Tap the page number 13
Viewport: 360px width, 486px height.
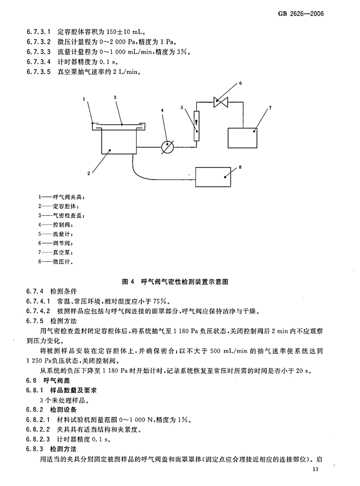[x=315, y=469]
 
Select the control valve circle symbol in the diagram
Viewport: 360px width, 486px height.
[x=168, y=146]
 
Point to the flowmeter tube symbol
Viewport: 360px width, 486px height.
[x=196, y=126]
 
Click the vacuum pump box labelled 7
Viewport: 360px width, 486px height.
[x=242, y=138]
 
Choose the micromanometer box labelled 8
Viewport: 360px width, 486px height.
[x=213, y=177]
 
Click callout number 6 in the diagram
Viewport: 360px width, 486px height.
[x=240, y=83]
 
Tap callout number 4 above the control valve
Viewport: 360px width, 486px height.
[x=162, y=110]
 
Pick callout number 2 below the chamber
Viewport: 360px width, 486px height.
[x=89, y=173]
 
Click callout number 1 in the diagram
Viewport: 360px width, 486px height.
[x=84, y=99]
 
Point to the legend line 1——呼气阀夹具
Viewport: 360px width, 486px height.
[x=61, y=197]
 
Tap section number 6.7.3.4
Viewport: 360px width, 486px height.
[x=38, y=61]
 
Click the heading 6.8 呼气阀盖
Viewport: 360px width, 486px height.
[x=48, y=380]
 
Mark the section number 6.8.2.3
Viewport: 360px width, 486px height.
[x=38, y=439]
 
